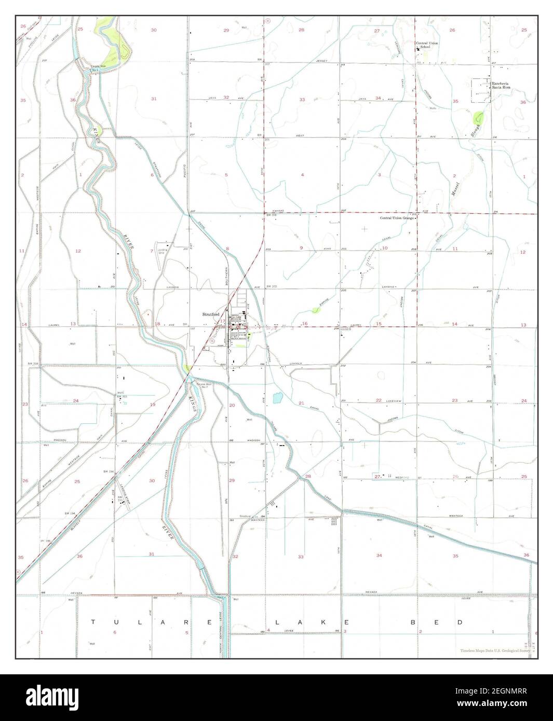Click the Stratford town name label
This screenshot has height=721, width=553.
click(x=211, y=314)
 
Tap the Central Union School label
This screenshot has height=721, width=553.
click(x=426, y=45)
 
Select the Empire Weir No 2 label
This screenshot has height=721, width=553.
click(x=202, y=385)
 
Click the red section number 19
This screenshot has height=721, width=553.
click(x=152, y=405)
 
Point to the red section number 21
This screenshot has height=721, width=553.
click(x=301, y=403)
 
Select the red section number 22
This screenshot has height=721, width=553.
click(x=379, y=400)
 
